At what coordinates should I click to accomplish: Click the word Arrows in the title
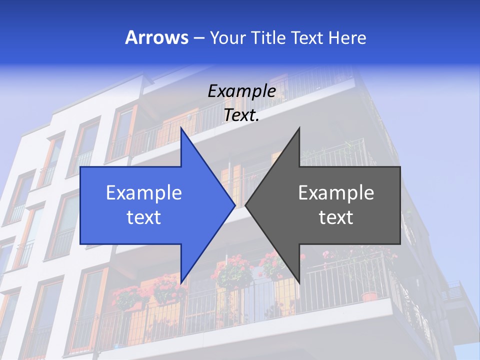click(x=157, y=37)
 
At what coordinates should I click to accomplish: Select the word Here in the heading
click(x=347, y=37)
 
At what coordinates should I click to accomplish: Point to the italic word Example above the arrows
click(x=241, y=91)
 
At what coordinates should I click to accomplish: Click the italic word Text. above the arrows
click(x=241, y=115)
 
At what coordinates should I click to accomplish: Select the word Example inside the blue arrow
click(x=144, y=192)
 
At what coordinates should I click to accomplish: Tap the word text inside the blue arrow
click(x=144, y=217)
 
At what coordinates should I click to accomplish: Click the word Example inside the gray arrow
click(x=336, y=192)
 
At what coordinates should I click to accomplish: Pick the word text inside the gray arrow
click(x=336, y=217)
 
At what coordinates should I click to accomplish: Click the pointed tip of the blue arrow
click(x=235, y=205)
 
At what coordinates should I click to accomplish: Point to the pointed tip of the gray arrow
click(x=245, y=205)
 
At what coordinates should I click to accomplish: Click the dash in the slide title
click(x=198, y=38)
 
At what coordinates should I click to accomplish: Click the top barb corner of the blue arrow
click(x=181, y=128)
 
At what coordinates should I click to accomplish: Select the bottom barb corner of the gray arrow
click(x=299, y=282)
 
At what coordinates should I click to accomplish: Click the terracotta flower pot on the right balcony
click(x=369, y=296)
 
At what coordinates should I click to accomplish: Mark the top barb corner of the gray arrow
click(x=299, y=128)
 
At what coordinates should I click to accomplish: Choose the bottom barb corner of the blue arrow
click(x=181, y=282)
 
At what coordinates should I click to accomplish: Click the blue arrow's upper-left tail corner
click(x=81, y=167)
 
